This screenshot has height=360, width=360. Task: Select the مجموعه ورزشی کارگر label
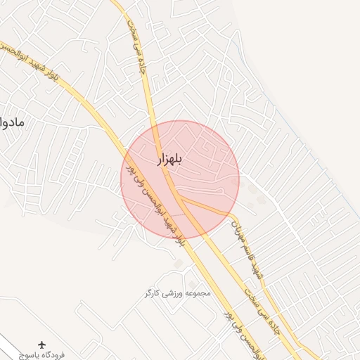pos(176,292)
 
